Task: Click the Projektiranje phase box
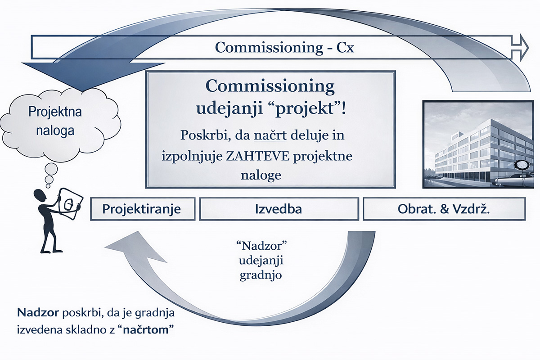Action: pyautogui.click(x=141, y=209)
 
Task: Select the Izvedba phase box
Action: pyautogui.click(x=279, y=209)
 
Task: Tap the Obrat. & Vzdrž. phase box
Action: pyautogui.click(x=444, y=209)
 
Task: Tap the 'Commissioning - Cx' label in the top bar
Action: pyautogui.click(x=284, y=47)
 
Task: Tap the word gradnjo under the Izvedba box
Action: pyautogui.click(x=261, y=275)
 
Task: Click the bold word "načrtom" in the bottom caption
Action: pyautogui.click(x=148, y=329)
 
